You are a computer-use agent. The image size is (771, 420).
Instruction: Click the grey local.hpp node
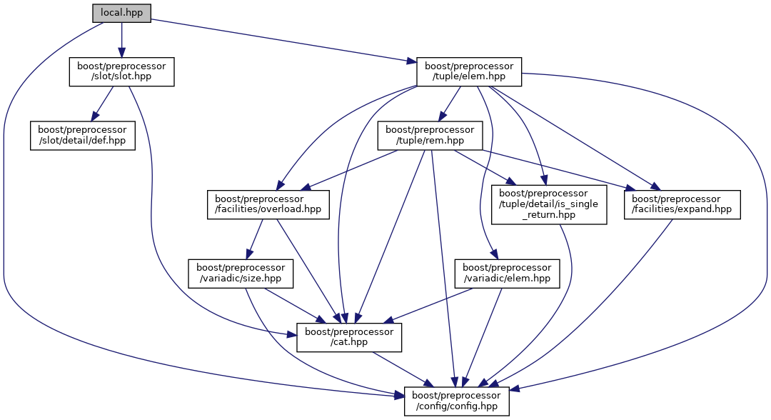point(121,13)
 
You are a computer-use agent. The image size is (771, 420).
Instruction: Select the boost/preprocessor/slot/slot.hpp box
point(121,72)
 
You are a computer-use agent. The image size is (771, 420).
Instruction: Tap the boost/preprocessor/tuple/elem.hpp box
point(469,72)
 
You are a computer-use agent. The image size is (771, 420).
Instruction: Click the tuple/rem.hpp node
point(430,135)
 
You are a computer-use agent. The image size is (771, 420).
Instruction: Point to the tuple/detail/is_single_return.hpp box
point(549,204)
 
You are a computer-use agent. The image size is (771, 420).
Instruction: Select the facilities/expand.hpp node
point(683,204)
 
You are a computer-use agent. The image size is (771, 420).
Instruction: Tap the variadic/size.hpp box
point(240,274)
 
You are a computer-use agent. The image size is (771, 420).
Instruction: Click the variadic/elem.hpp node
point(507,274)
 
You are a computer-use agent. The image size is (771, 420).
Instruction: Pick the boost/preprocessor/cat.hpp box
point(349,337)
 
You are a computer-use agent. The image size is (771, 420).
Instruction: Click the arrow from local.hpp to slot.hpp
point(121,39)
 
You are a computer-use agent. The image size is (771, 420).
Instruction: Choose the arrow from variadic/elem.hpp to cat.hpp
point(428,305)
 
